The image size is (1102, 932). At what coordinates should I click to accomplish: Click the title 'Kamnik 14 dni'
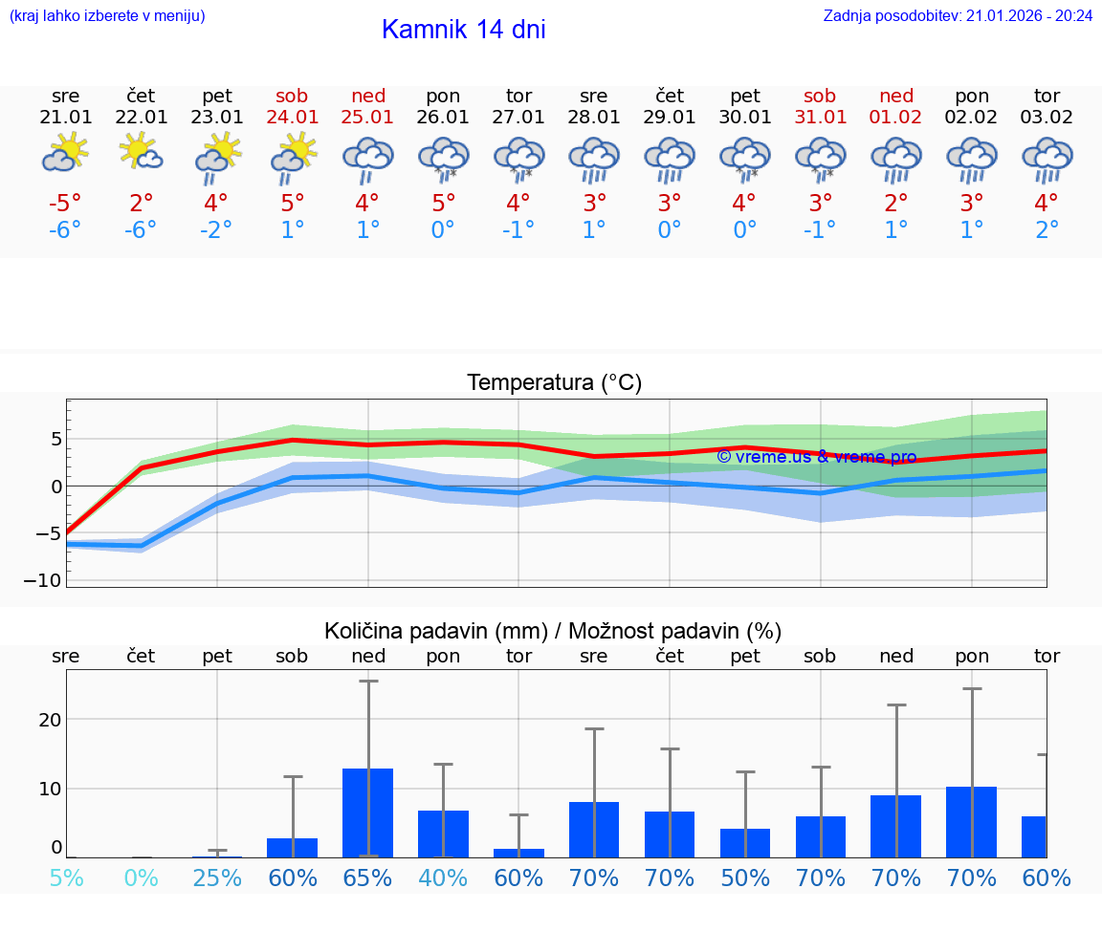pos(463,30)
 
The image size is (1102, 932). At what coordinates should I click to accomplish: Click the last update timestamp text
pos(958,16)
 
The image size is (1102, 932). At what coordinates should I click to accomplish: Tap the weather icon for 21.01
pos(65,153)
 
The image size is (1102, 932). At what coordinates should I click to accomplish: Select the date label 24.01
pos(293,118)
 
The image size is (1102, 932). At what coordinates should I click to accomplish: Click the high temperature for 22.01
pos(141,203)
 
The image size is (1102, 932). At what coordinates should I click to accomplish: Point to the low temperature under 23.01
pos(217,230)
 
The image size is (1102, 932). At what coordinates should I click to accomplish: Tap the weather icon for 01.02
pos(896,159)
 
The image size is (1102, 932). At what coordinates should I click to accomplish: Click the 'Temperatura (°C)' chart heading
pos(554,383)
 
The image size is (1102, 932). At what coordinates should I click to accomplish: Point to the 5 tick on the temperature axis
pos(56,439)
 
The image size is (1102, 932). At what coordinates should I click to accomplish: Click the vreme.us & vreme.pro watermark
pos(816,457)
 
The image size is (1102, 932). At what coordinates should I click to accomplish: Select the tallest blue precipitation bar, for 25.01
pos(368,813)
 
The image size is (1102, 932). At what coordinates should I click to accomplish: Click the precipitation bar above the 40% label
pos(443,834)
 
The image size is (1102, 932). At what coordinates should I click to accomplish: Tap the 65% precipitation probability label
pos(368,878)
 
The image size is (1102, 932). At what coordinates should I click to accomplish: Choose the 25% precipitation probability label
pos(217,878)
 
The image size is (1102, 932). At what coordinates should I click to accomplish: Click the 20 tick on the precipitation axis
pos(50,719)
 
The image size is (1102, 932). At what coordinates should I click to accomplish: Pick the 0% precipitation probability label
pos(141,878)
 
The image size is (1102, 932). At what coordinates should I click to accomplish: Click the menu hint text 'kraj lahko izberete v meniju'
pos(106,16)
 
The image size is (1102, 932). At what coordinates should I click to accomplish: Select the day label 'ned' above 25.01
pos(368,96)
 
